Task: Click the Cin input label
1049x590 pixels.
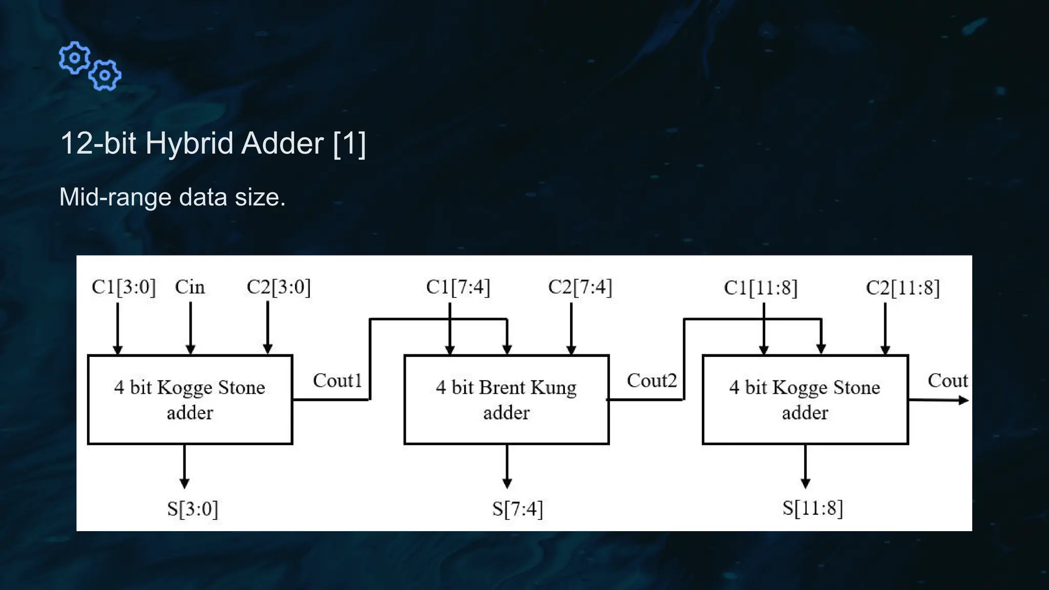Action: (x=190, y=287)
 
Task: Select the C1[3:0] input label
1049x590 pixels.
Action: (x=123, y=287)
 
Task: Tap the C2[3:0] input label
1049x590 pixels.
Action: (x=279, y=287)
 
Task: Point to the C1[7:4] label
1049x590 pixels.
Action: (x=458, y=287)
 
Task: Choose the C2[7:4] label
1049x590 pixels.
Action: (x=580, y=287)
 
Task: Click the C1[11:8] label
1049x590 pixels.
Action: (x=761, y=288)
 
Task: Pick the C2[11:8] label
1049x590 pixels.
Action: (x=903, y=288)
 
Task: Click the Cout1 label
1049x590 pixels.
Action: (x=337, y=381)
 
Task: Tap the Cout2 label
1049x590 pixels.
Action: (x=652, y=381)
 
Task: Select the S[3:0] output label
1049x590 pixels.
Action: (x=193, y=509)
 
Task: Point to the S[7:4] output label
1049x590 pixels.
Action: (x=517, y=509)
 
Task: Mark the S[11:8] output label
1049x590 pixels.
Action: (x=812, y=508)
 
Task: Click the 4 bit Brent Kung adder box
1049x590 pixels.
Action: (x=506, y=399)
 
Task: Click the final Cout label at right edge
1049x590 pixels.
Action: (x=947, y=381)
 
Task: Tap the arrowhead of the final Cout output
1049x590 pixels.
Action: (x=963, y=401)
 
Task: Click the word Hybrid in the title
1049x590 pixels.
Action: (x=190, y=143)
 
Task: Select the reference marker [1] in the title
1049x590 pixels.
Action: (x=349, y=143)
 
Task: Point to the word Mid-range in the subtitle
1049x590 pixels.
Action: (x=115, y=197)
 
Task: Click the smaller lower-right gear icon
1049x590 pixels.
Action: (x=105, y=76)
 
